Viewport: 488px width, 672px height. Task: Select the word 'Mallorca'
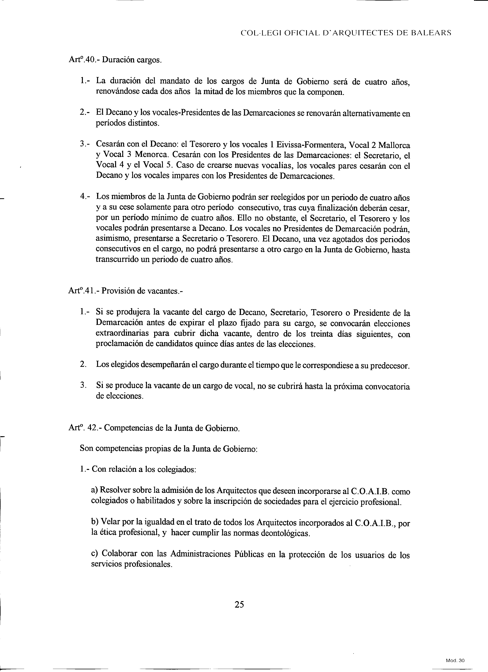tap(395, 145)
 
